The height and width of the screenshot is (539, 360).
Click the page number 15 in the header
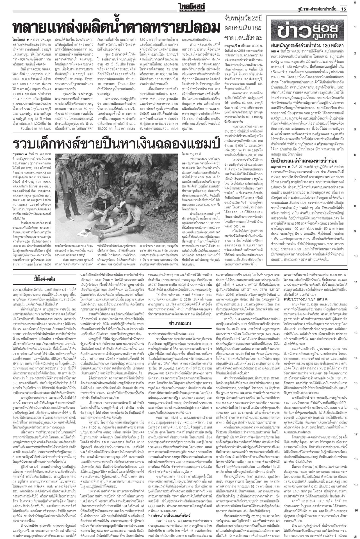click(343, 9)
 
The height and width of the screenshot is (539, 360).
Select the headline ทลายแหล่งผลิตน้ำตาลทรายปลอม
click(116, 28)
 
